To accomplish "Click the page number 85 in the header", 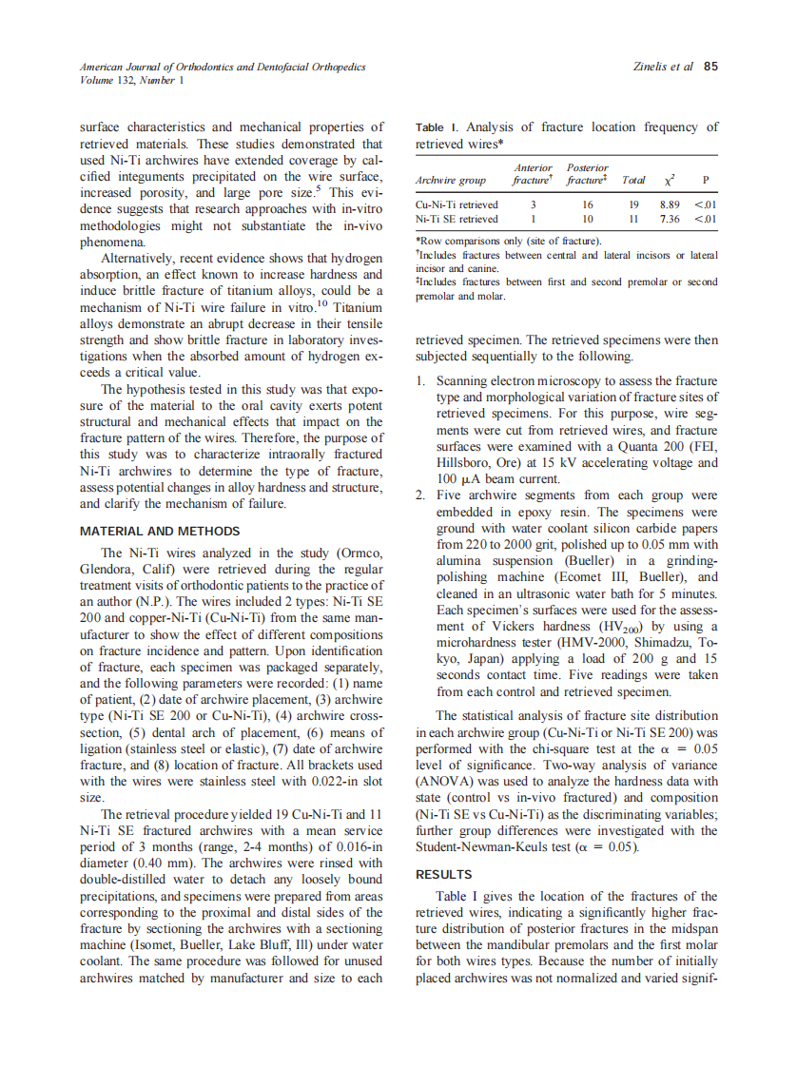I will pos(710,67).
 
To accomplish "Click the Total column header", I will pos(632,180).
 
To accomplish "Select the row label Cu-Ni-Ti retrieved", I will pos(457,204).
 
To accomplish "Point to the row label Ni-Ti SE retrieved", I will pos(457,219).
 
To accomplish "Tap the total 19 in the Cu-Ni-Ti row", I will pos(632,204).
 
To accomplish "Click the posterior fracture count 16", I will pos(588,204).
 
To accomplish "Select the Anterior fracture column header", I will pos(532,173).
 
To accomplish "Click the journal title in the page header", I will pos(223,67).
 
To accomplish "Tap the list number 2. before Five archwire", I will pos(422,495).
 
